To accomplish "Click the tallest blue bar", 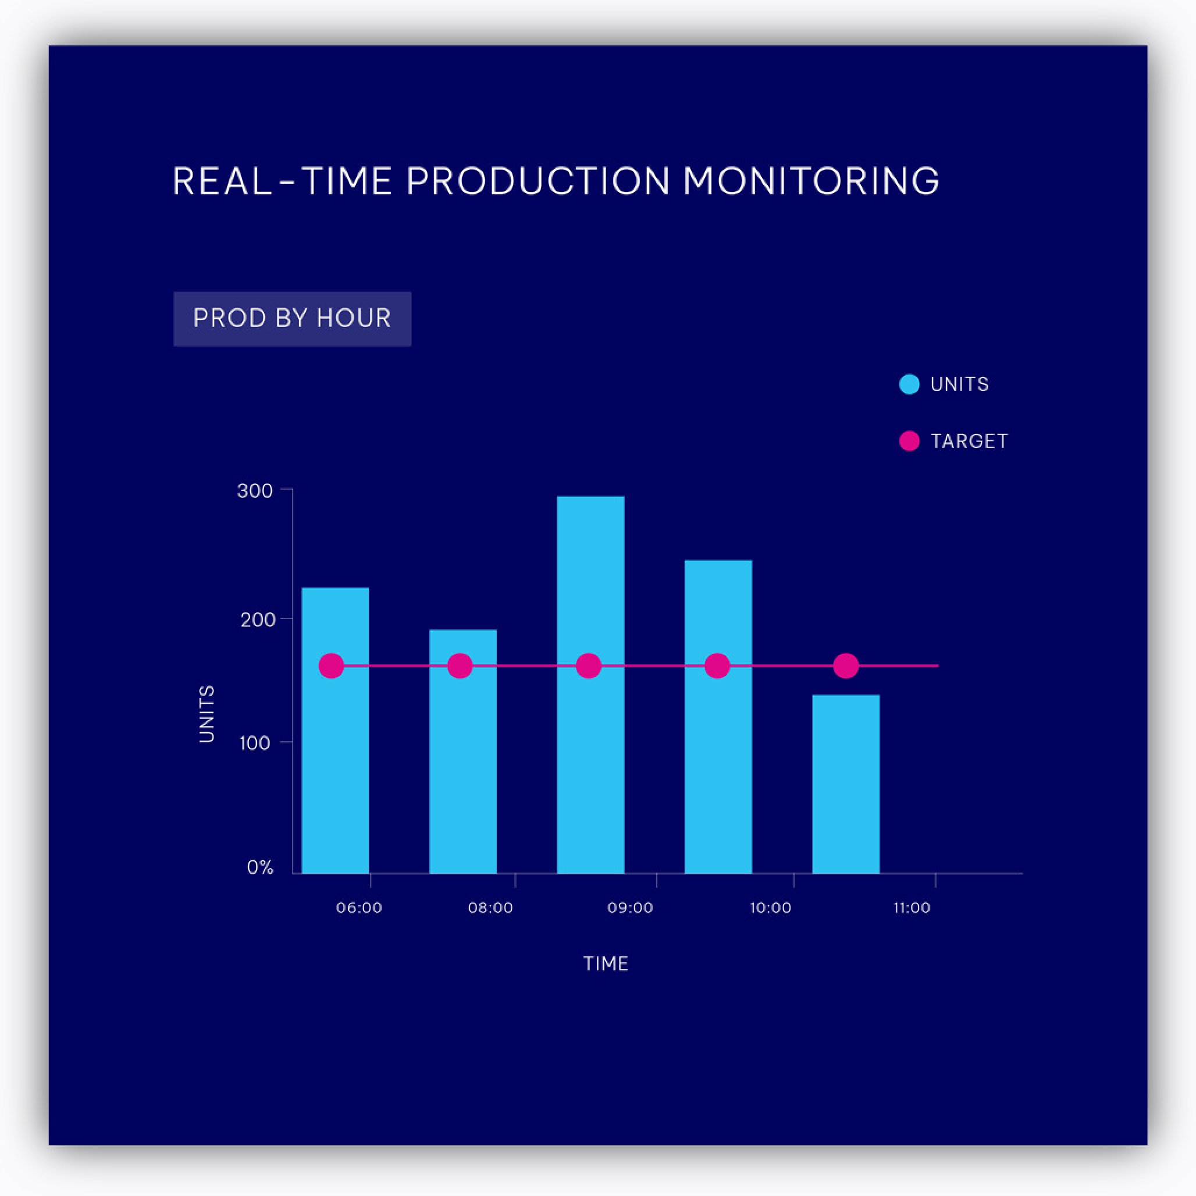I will pos(590,684).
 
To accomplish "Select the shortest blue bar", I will pos(846,784).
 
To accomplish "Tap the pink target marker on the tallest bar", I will pos(588,666).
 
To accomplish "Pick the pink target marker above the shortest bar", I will pos(846,666).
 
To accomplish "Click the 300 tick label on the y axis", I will pos(255,491).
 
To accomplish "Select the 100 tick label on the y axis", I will pos(255,743).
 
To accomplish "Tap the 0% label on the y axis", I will pos(260,867).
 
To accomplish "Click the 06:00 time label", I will pos(359,908).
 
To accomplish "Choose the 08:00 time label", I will pos(490,908).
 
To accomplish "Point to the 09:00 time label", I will pos(630,908).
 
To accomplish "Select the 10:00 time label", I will pos(771,908).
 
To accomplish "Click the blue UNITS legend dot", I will pos(909,385).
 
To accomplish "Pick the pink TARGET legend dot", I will pos(909,442).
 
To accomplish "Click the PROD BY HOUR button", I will pos(292,319).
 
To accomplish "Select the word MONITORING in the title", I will pos(811,181).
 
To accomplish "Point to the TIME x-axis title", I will pos(606,964).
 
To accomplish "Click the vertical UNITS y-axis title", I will pos(207,714).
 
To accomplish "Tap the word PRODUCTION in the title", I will pos(538,181).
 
